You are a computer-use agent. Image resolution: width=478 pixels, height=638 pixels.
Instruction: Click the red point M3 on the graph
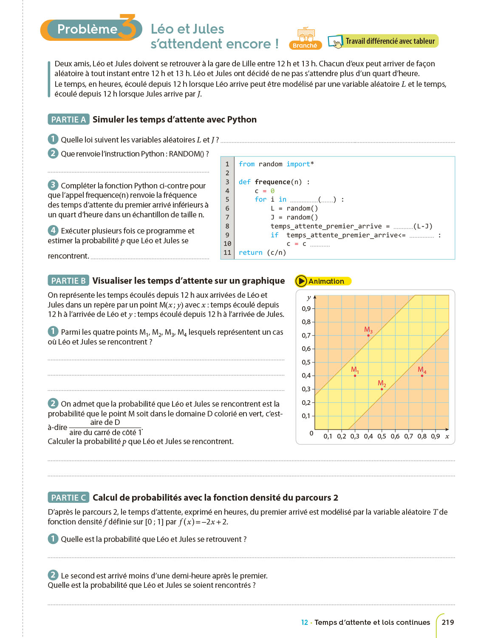tap(368, 336)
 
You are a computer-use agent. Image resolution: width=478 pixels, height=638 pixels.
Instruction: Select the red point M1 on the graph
tap(355, 376)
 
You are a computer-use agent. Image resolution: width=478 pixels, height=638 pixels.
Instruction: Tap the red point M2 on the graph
tap(382, 389)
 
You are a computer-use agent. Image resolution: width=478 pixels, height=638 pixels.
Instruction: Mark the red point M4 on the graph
tap(422, 376)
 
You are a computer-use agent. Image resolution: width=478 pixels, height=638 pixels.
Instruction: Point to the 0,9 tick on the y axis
tap(306, 309)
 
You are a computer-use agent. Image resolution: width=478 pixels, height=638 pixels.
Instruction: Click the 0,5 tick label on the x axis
tap(382, 436)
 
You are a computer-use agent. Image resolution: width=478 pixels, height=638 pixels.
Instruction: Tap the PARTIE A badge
tap(68, 120)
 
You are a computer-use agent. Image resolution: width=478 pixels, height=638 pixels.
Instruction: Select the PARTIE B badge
tap(68, 281)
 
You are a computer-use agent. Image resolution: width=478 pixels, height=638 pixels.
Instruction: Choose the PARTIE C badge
tap(68, 498)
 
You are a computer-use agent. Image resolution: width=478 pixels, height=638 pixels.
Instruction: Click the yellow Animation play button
tap(301, 281)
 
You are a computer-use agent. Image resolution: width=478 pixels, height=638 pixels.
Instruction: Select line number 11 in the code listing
tap(227, 253)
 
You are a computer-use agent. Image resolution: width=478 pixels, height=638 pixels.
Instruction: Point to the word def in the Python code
tap(244, 182)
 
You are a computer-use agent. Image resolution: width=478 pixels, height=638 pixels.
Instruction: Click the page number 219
tap(448, 622)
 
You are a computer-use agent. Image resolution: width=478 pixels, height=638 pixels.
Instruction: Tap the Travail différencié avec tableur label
tap(390, 41)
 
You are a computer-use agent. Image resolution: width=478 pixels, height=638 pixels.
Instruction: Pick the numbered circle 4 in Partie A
tap(53, 231)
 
